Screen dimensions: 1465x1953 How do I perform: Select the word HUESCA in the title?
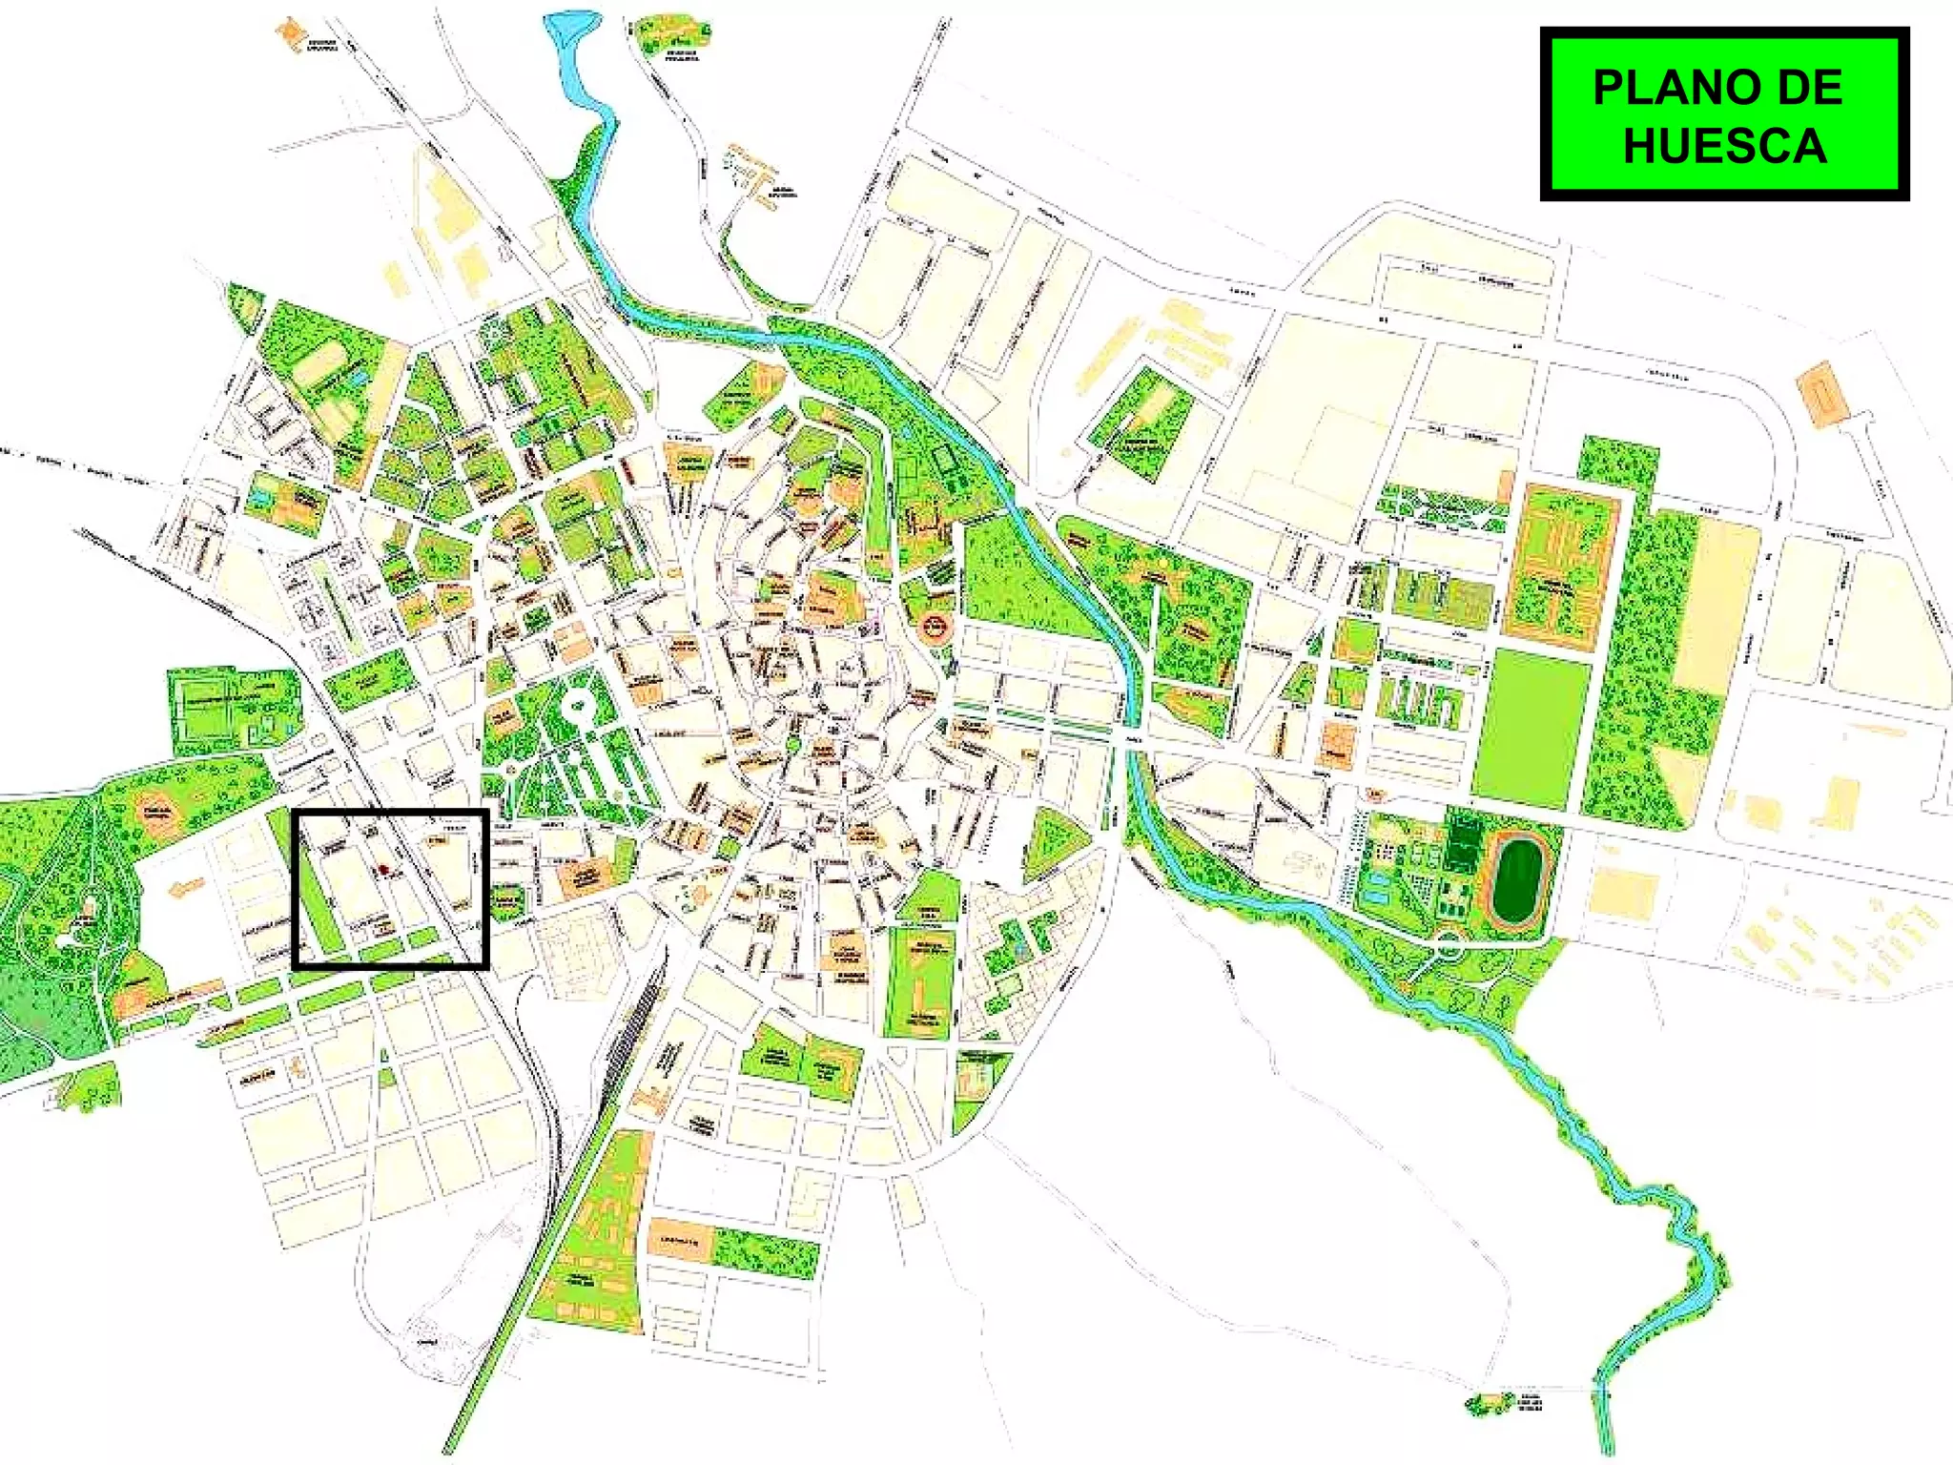pos(1724,146)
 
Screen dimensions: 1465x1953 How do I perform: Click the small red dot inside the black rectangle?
pos(380,870)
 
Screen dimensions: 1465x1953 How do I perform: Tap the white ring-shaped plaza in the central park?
pos(576,709)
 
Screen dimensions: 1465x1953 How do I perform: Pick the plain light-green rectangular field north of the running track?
pos(1532,728)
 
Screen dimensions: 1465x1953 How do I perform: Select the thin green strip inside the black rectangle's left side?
pos(319,897)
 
